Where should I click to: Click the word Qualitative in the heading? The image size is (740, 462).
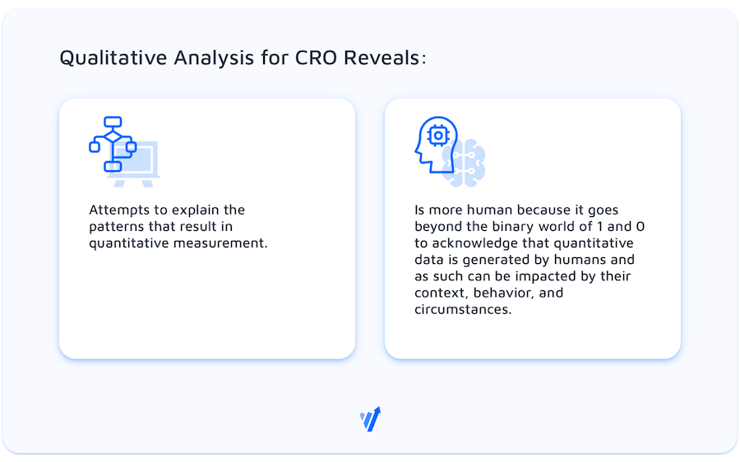point(113,58)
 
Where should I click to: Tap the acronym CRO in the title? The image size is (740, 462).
point(316,58)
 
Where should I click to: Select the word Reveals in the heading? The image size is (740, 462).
point(382,58)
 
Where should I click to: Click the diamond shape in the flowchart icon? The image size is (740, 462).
point(113,136)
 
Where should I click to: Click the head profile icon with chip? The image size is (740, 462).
point(436,144)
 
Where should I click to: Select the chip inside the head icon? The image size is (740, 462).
point(438,136)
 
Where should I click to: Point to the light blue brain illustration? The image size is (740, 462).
point(465,163)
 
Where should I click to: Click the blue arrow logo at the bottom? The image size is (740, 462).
point(371,419)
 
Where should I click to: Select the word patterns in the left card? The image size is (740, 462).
point(117,227)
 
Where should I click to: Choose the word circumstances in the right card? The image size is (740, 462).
point(462,310)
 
